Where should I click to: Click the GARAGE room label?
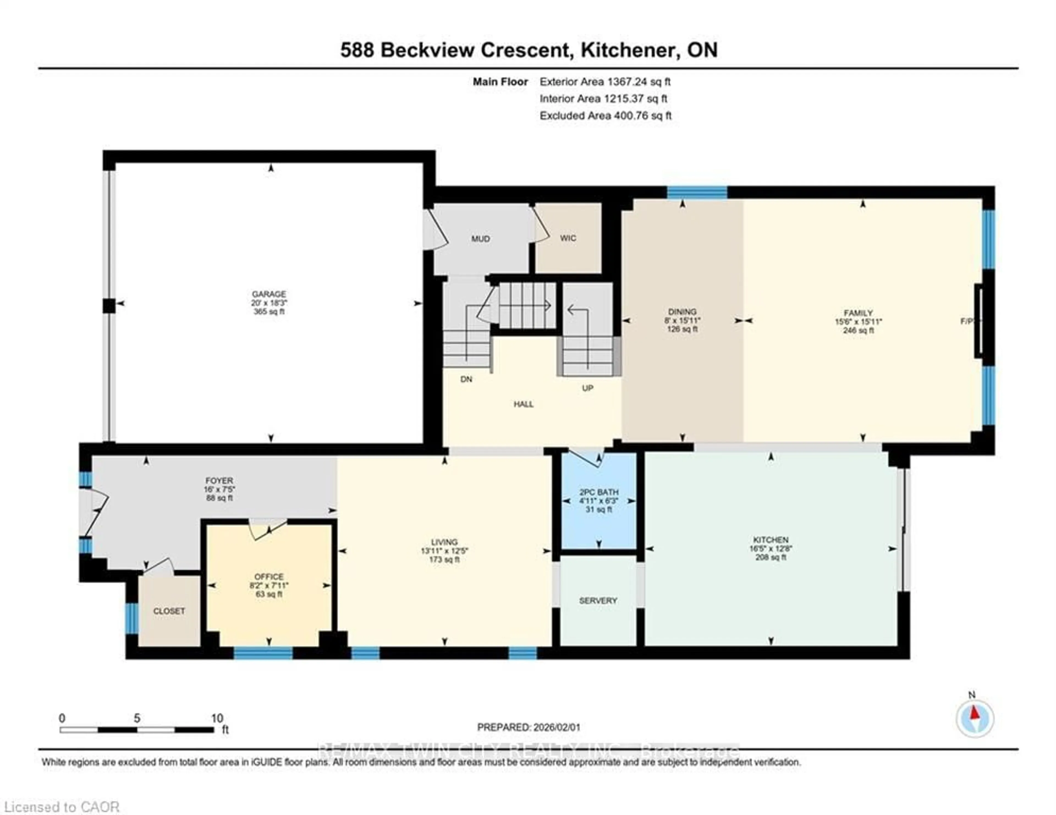269,294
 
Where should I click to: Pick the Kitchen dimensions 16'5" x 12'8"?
771,549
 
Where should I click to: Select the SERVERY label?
598,600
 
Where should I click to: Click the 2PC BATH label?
599,492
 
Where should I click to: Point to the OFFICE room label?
269,577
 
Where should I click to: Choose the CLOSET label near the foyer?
169,611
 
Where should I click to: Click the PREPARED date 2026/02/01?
529,727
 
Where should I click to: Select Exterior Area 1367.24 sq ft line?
605,82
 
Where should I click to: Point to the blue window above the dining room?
697,192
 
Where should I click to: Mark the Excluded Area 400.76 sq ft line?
605,115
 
